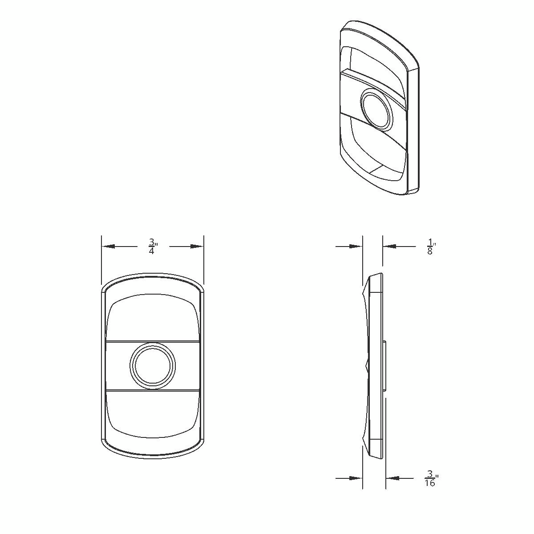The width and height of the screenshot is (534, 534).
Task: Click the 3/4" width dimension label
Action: click(x=152, y=246)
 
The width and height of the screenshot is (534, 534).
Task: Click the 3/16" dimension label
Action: click(x=430, y=478)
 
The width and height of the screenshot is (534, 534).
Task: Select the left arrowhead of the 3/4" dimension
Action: click(x=108, y=246)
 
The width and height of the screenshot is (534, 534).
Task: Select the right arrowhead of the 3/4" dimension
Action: click(x=197, y=246)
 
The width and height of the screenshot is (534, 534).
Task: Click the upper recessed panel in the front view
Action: click(x=153, y=318)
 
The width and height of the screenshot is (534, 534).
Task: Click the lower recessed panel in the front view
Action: click(x=153, y=412)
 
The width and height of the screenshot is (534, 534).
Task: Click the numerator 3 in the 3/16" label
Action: click(x=430, y=474)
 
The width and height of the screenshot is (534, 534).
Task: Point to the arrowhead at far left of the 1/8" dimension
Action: click(x=356, y=246)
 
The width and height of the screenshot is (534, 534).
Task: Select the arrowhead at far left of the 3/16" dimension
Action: click(x=356, y=478)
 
